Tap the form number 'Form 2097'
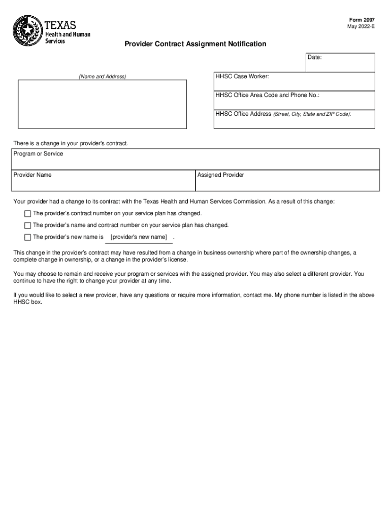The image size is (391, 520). click(x=365, y=20)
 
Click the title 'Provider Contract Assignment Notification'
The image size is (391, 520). click(x=195, y=44)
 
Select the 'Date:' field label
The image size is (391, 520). click(x=314, y=57)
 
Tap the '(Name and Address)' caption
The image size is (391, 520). click(x=102, y=77)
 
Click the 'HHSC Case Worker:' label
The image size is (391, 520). click(x=242, y=76)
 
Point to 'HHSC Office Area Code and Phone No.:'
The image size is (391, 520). click(x=268, y=95)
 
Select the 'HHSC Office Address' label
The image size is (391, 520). click(x=243, y=114)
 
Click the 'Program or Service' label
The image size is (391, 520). click(x=38, y=154)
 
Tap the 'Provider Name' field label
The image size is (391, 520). click(x=32, y=175)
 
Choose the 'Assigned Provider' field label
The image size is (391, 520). click(x=220, y=175)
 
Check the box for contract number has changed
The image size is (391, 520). click(x=27, y=213)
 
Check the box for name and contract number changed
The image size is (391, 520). click(x=27, y=225)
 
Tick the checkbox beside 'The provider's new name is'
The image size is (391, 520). click(x=27, y=237)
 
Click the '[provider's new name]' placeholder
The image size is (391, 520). click(x=139, y=237)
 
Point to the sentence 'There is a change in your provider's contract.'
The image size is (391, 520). click(x=71, y=144)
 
